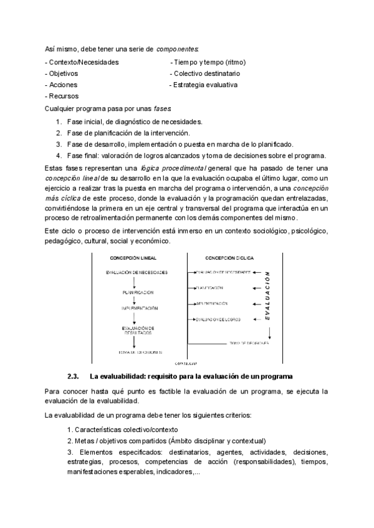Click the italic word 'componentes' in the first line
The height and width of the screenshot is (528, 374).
(x=178, y=49)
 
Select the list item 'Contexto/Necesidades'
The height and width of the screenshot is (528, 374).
(x=82, y=62)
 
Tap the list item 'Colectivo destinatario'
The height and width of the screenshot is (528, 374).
(x=203, y=73)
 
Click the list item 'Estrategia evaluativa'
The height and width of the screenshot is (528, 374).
(x=205, y=85)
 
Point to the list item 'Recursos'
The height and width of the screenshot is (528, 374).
(x=62, y=96)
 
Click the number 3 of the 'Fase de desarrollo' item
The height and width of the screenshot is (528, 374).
(x=58, y=144)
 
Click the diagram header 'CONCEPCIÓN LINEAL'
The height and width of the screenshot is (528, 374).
(x=133, y=257)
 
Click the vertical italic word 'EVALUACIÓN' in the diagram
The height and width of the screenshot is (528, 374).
(x=267, y=296)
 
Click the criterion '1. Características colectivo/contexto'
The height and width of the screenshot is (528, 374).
(x=122, y=430)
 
